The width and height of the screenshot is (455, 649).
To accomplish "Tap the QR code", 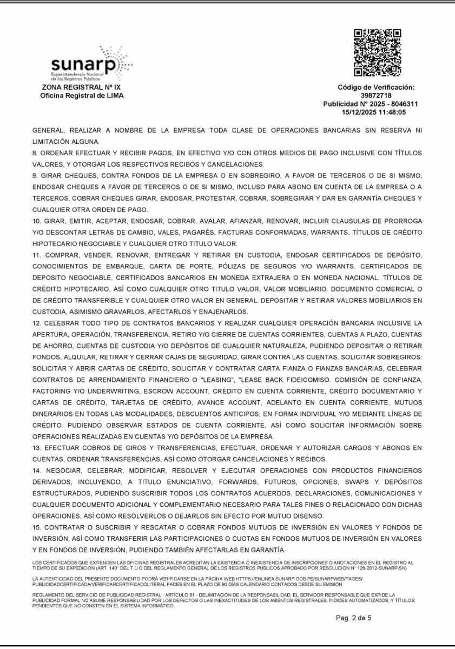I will coord(378,52).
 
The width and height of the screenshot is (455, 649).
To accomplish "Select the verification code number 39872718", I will coord(376,95).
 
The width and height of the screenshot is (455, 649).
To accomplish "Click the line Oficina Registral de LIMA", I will coord(82,96).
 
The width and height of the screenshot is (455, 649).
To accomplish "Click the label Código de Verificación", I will coord(376,87).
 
